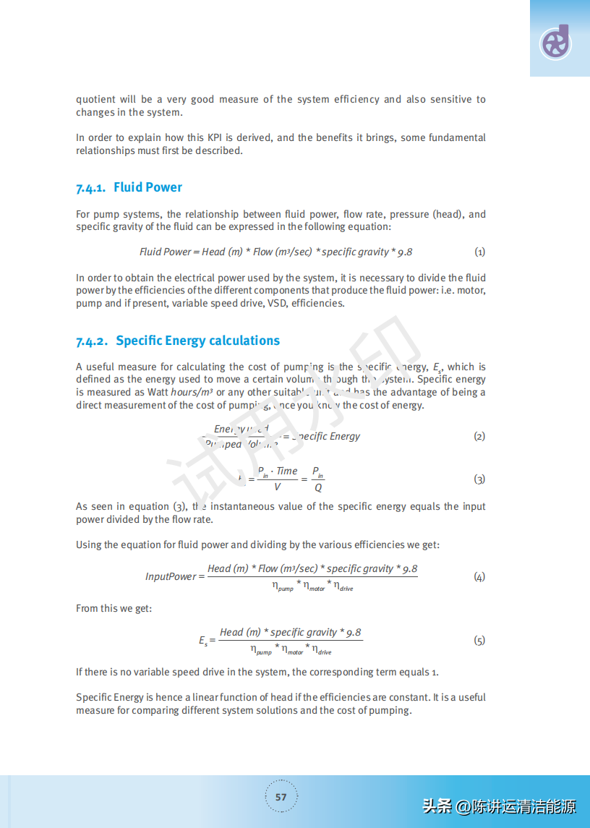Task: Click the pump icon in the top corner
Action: click(x=555, y=43)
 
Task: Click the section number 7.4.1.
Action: click(x=91, y=188)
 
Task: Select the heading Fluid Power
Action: click(x=147, y=187)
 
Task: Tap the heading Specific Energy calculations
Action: click(x=197, y=341)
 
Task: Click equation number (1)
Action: click(x=479, y=252)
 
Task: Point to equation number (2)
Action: click(x=479, y=436)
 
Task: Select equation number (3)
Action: click(x=479, y=479)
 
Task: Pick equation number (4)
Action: click(x=479, y=576)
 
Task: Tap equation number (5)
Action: click(x=479, y=640)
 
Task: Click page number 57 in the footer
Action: click(x=281, y=797)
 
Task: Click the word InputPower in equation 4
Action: click(x=171, y=576)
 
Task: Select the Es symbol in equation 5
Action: click(x=203, y=641)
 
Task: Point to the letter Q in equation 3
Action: click(x=318, y=487)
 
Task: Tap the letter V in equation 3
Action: click(x=277, y=487)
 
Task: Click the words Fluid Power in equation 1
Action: click(x=165, y=252)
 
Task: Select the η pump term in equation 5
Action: click(x=262, y=650)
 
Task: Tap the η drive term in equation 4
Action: click(x=343, y=586)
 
